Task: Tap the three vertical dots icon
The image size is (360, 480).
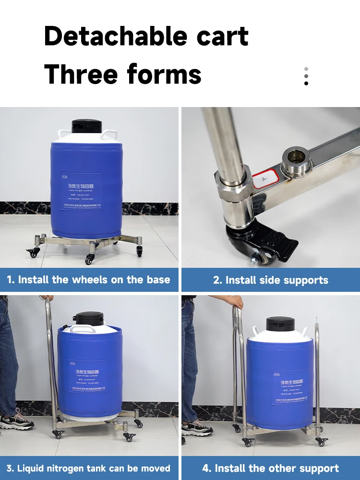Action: (306, 76)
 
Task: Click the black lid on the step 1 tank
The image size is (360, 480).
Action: (87, 126)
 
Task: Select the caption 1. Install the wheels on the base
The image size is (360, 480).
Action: (89, 280)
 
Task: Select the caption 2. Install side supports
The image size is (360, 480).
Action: (271, 280)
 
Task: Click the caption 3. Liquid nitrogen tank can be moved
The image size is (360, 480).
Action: (89, 468)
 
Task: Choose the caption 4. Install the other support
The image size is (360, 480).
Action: (271, 468)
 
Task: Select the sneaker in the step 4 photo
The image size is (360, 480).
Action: (197, 427)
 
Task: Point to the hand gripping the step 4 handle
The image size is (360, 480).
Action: (236, 302)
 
